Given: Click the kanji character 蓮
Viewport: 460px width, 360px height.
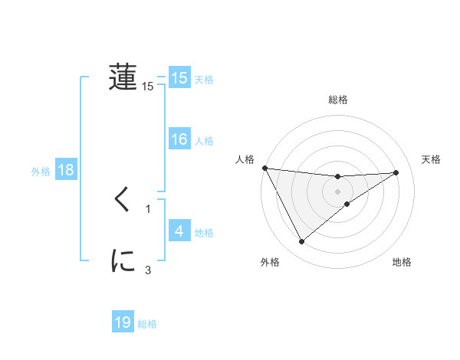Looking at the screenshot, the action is (x=123, y=77).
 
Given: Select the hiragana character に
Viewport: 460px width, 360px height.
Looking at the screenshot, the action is (x=123, y=262).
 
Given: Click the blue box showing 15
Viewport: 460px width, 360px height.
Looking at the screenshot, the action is (x=179, y=77).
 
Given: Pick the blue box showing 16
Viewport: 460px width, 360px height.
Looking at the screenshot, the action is (x=179, y=139).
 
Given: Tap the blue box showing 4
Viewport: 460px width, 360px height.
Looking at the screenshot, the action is (x=179, y=231).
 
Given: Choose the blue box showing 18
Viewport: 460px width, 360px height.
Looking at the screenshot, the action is (x=66, y=170).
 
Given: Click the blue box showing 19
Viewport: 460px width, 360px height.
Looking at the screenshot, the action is (x=123, y=322).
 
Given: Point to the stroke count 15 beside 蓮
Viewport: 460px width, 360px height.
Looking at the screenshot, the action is (x=148, y=87).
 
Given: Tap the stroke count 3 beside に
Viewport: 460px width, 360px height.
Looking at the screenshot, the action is (x=148, y=270).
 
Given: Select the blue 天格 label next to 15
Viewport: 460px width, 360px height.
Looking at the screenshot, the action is (x=204, y=79).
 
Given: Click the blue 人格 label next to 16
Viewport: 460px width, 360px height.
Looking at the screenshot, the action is (x=204, y=141).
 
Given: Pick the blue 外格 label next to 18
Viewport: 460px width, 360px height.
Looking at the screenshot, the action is (x=41, y=172).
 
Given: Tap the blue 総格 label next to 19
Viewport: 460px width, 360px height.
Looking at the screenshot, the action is (x=147, y=324).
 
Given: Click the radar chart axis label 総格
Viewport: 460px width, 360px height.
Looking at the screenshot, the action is (x=338, y=100).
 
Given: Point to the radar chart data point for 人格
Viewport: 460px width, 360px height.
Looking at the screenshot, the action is (x=264, y=168).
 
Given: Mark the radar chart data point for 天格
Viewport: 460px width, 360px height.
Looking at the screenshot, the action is (x=396, y=172).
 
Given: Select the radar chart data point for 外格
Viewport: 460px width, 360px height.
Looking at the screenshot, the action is (x=301, y=242).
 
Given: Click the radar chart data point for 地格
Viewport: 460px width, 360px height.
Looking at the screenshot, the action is (x=347, y=204).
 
